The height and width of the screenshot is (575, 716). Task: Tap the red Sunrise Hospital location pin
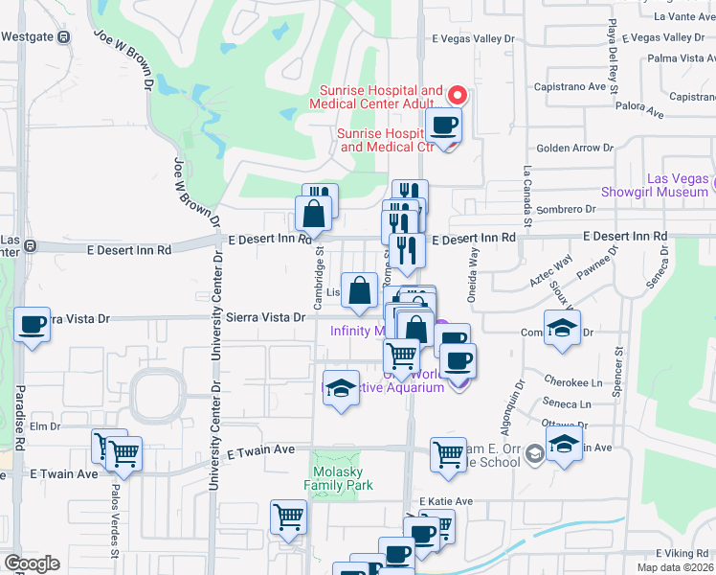coord(458,95)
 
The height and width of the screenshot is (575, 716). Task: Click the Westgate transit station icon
coord(63,37)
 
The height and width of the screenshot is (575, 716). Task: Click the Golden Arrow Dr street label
coord(574,148)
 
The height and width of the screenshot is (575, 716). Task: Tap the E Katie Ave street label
coord(446,501)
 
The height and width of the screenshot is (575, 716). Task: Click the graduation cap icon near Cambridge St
coord(340,388)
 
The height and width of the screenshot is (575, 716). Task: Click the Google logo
coord(32,563)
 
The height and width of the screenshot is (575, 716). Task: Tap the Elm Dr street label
coord(45,425)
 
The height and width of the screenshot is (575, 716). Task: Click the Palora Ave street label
coord(640,112)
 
